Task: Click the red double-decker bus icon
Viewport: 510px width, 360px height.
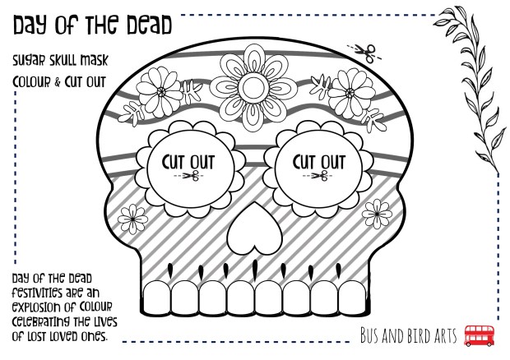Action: tap(479, 335)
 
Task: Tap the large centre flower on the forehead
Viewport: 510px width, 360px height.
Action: tap(253, 88)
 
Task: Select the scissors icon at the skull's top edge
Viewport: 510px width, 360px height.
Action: tap(365, 53)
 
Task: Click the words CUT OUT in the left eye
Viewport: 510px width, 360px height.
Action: tap(188, 163)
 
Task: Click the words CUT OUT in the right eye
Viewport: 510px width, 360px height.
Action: tap(319, 162)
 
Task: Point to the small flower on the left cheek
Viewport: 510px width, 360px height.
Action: tap(132, 219)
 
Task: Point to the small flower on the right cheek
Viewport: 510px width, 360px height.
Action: tap(377, 215)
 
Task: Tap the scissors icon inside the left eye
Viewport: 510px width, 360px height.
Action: tap(191, 176)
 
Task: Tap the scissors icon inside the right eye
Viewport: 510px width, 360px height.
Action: tap(320, 176)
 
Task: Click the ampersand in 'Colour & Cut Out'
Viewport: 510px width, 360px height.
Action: tap(58, 82)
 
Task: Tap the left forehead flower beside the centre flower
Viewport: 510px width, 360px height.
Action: tap(160, 92)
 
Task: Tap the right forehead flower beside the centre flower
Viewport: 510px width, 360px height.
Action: tap(350, 93)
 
